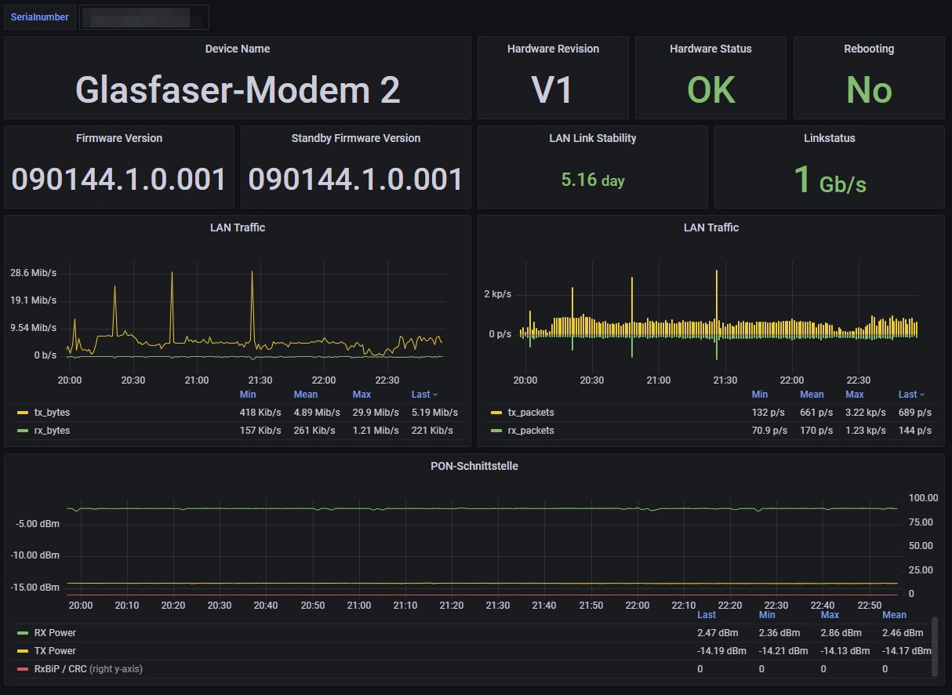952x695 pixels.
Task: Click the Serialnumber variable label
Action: [39, 17]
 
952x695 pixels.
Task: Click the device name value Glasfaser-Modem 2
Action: [238, 90]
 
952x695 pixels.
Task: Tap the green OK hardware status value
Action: [710, 90]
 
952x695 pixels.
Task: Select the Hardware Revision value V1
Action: [553, 90]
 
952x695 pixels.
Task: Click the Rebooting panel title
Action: [869, 49]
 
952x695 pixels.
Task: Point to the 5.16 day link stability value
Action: [593, 180]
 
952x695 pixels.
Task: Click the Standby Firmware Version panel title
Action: [355, 138]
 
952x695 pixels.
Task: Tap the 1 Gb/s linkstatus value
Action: [830, 180]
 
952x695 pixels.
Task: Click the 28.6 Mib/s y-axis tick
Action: [34, 273]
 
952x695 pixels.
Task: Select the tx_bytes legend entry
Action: [52, 412]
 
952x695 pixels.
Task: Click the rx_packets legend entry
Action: [530, 430]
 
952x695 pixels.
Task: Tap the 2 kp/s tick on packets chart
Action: [497, 294]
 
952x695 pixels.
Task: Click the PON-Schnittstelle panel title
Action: [474, 466]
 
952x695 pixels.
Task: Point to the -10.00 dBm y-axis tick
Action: [38, 555]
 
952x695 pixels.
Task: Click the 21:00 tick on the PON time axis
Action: [359, 606]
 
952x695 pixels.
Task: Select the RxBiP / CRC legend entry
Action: [60, 669]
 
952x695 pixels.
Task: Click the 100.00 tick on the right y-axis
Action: [923, 498]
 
